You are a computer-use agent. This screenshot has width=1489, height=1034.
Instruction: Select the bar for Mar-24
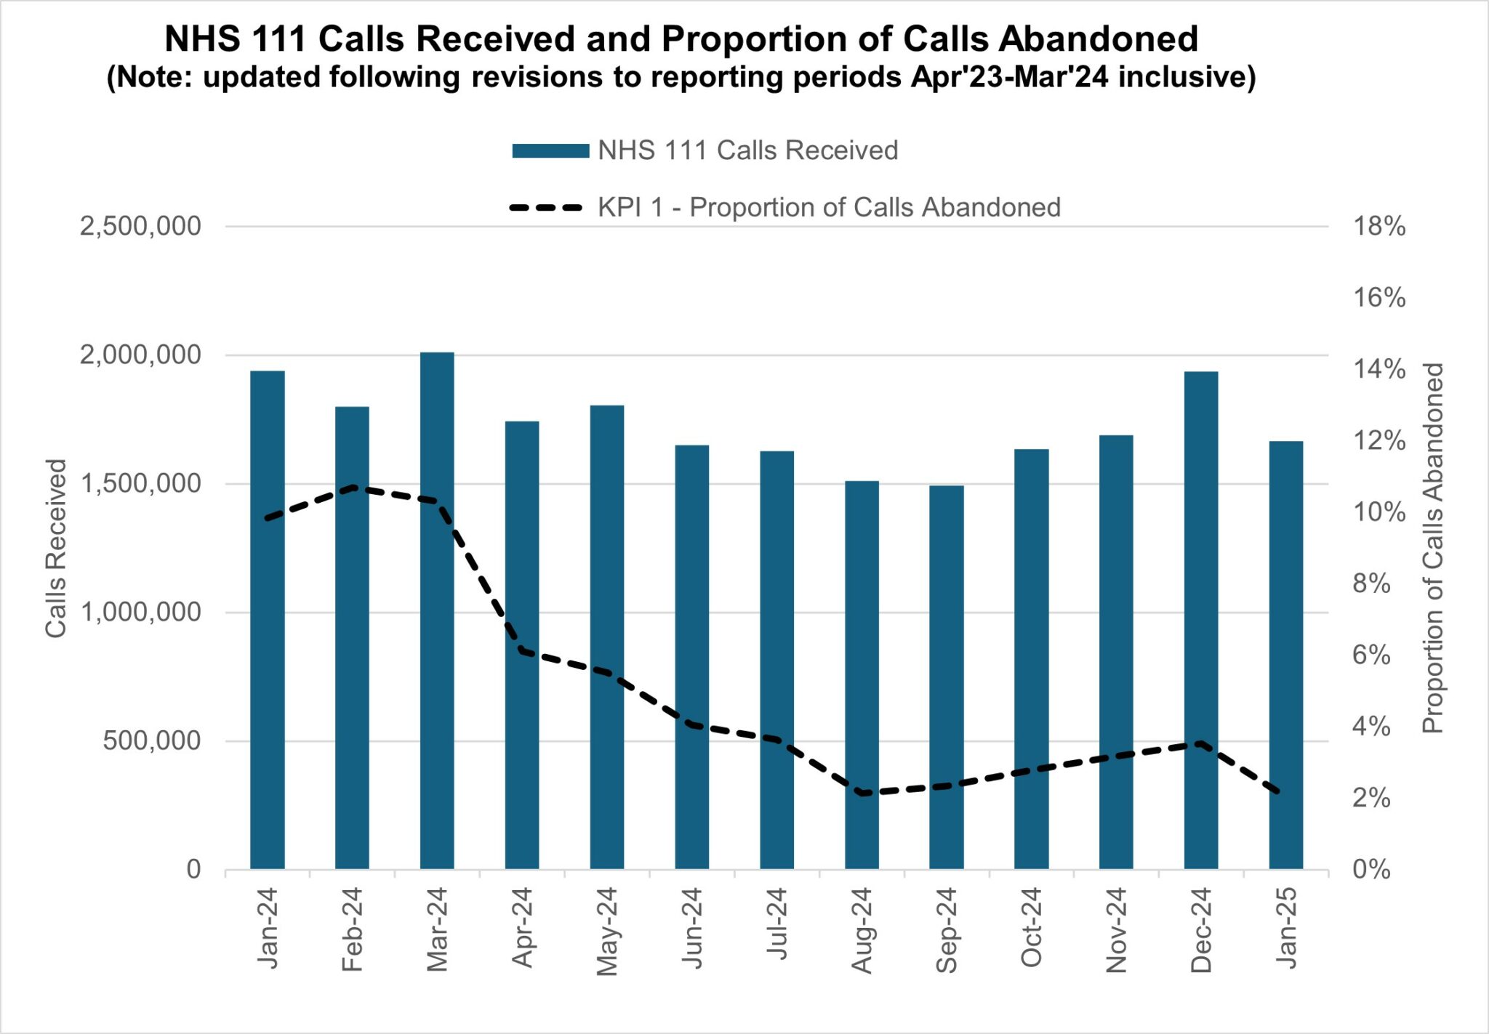point(437,610)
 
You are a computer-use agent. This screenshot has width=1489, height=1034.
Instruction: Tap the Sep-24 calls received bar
point(947,676)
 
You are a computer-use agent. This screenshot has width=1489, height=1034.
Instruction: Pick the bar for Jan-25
point(1286,655)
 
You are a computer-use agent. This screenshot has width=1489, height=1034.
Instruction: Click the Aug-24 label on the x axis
point(862,930)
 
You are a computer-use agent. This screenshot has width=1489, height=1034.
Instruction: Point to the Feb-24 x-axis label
point(353,929)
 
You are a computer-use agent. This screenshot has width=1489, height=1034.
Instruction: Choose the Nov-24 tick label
point(1117,930)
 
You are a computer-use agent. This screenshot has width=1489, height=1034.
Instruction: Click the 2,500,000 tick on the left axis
point(140,227)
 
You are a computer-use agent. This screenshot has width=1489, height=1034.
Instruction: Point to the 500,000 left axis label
point(152,741)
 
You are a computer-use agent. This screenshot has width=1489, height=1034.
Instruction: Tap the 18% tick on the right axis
point(1378,227)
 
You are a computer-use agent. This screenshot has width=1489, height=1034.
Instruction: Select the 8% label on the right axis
point(1371,583)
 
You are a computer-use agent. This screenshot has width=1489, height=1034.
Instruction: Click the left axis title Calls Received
point(56,548)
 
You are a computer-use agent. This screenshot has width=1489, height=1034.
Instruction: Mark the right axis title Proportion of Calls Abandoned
point(1432,548)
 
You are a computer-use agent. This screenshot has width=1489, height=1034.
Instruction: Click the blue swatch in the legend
point(550,151)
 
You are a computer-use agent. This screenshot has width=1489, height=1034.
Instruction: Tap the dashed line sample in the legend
point(547,208)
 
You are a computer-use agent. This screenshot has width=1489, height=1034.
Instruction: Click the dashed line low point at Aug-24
point(862,793)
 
